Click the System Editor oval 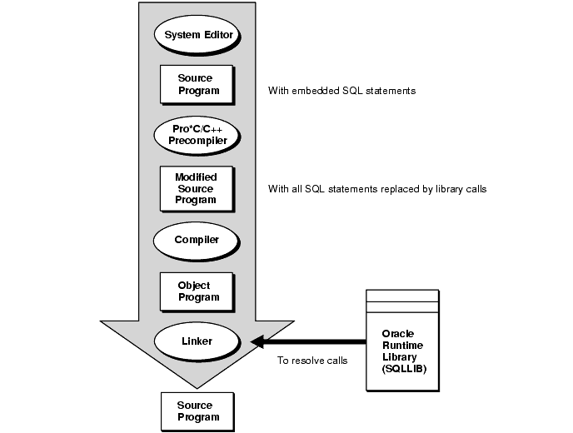click(197, 35)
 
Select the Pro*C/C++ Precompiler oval click(197, 135)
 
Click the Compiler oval click(197, 240)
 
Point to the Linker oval click(197, 341)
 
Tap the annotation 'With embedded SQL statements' click(341, 90)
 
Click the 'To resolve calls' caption click(313, 361)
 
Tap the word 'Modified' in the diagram click(197, 177)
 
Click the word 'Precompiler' click(197, 141)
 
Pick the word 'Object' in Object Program click(194, 286)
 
